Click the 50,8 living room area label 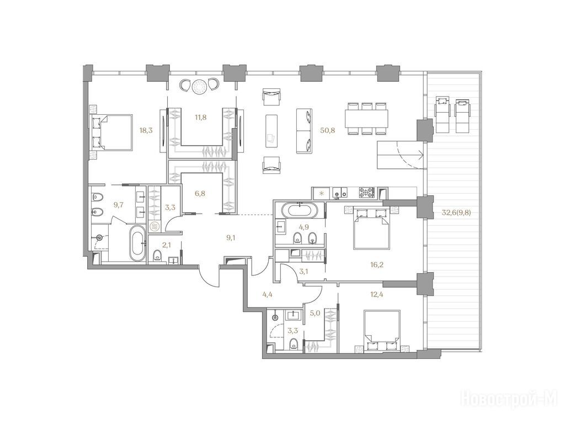click(328, 130)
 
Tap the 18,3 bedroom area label click(146, 130)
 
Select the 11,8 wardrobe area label click(200, 117)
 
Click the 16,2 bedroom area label click(376, 265)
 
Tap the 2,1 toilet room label click(166, 246)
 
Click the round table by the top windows click(199, 87)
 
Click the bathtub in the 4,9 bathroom click(300, 210)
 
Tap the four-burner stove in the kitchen click(366, 193)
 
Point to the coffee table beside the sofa click(271, 130)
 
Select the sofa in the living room click(304, 130)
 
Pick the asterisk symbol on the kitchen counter click(322, 193)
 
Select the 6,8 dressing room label click(200, 193)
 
